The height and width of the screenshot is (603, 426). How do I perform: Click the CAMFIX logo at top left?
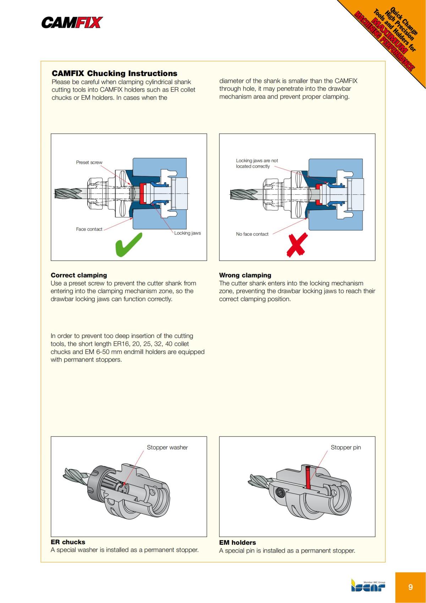click(72, 23)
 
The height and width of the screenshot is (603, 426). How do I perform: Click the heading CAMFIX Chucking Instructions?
click(114, 74)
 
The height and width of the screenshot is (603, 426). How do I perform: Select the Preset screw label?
click(89, 162)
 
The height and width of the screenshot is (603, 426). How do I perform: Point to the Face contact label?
click(89, 229)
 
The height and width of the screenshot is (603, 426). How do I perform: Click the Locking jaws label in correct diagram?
click(187, 233)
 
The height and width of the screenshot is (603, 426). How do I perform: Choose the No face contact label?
click(252, 234)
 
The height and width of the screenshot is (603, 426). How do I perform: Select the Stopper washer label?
click(167, 447)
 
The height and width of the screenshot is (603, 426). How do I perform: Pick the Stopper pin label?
click(345, 447)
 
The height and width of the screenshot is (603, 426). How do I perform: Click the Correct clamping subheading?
click(79, 275)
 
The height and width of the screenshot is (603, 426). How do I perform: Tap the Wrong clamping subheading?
click(245, 275)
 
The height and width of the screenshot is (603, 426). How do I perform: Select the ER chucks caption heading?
click(68, 542)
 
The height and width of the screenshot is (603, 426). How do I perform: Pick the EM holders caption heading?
click(237, 543)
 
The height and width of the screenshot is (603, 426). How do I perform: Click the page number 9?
click(410, 587)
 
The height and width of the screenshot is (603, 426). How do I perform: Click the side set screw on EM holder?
click(280, 492)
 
